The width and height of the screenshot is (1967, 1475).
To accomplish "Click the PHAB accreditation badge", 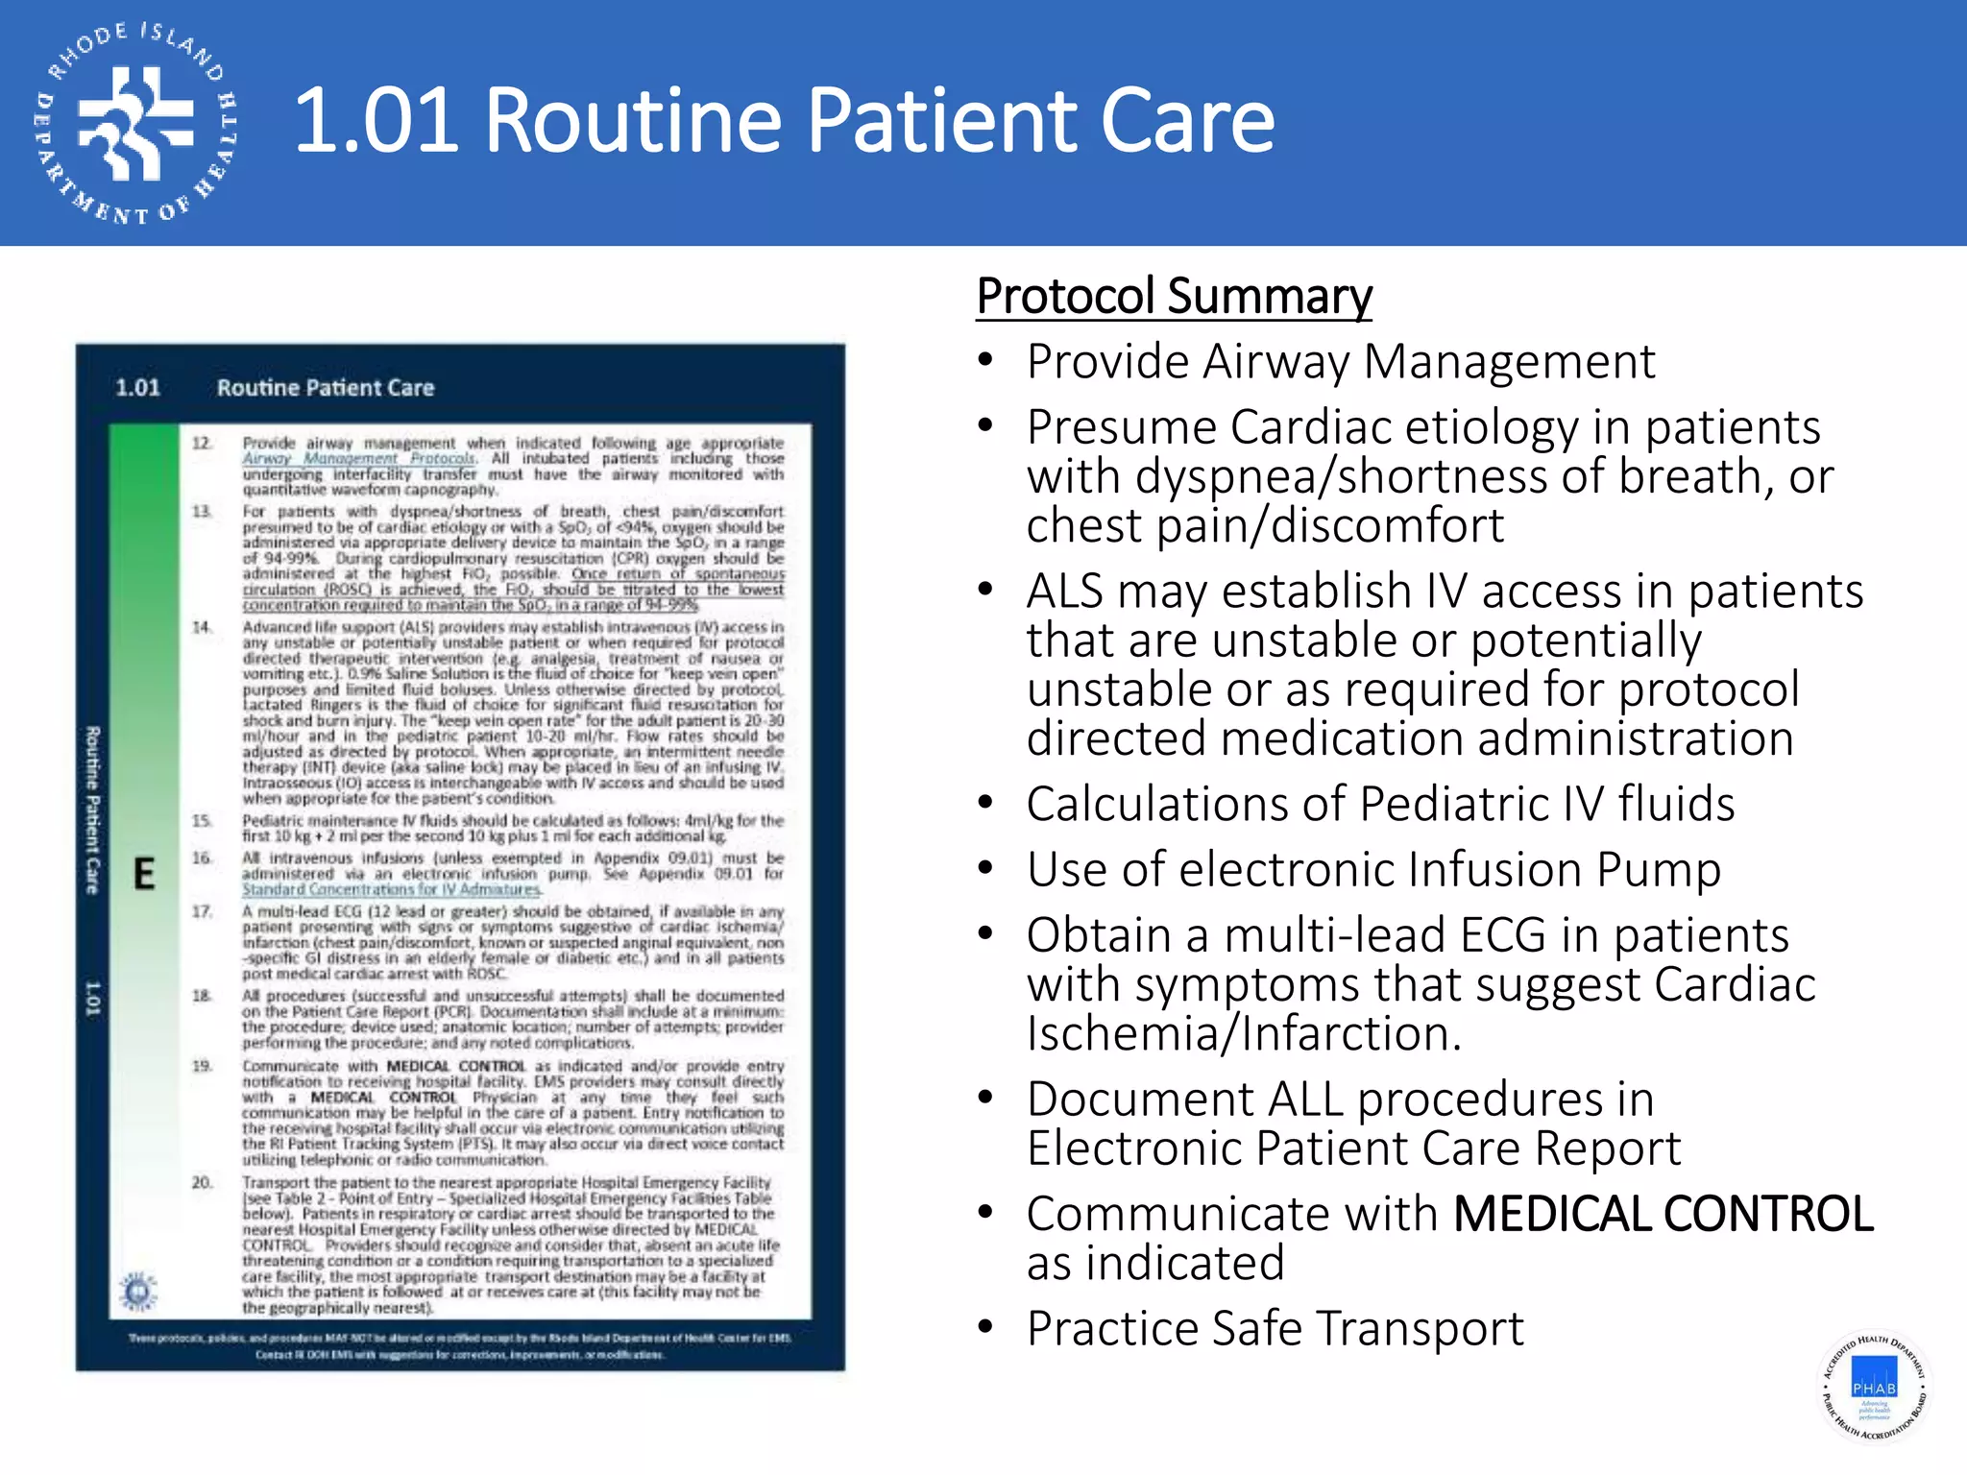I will pos(1874,1387).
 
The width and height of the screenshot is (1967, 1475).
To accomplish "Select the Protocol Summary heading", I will pos(1174,296).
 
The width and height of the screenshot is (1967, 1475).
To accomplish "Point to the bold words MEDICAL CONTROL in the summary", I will pos(1663,1214).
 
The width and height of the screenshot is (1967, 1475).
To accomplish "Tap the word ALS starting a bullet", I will pos(1063,592).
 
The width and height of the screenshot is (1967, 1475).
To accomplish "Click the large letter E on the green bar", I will pos(144,874).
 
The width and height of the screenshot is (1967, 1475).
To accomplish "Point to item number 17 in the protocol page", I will pos(202,911).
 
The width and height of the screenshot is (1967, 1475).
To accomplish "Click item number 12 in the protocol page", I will pos(202,444).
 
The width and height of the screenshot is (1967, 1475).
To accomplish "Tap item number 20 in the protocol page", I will pos(202,1183).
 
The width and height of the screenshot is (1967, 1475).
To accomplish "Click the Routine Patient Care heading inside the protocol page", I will pos(326,388).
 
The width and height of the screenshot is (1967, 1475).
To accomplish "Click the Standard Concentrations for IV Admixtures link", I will pos(391,890).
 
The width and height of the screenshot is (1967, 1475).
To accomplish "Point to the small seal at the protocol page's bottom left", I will pos(139,1290).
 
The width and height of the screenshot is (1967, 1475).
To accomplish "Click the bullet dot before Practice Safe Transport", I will pos(984,1328).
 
